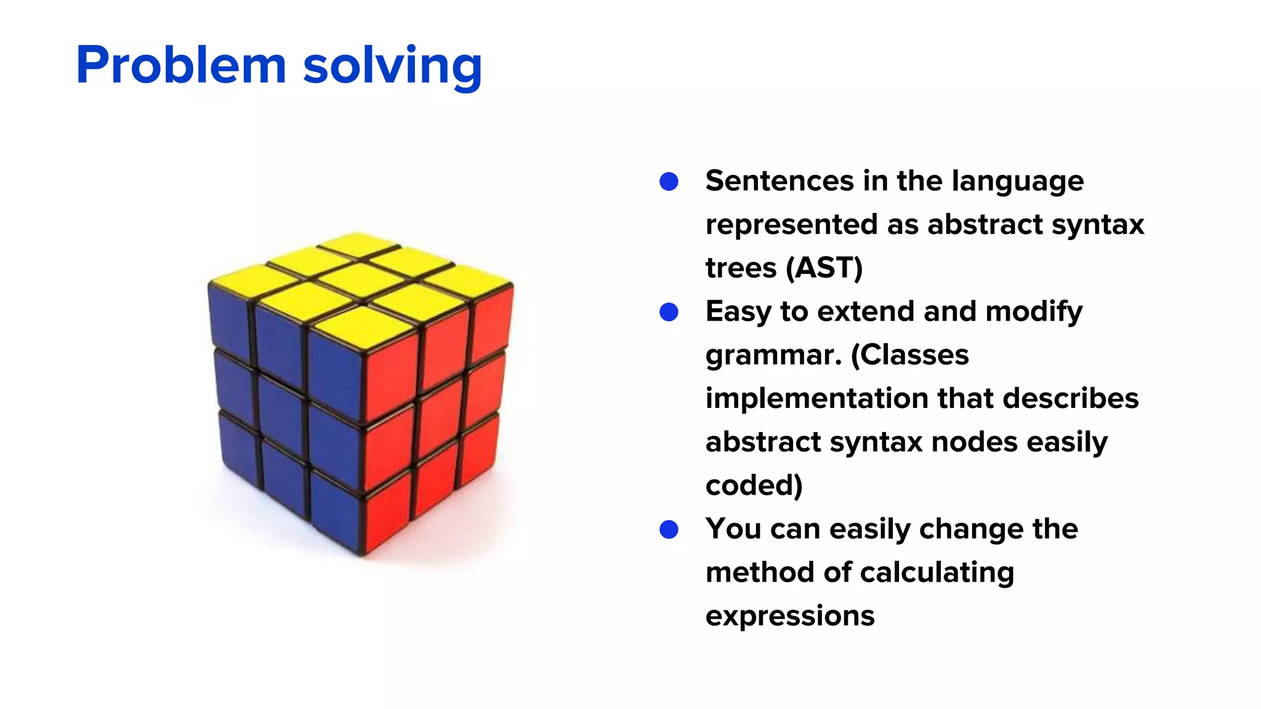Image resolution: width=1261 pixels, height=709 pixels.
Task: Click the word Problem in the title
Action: pos(181,66)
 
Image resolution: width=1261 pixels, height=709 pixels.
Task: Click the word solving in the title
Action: pos(392,66)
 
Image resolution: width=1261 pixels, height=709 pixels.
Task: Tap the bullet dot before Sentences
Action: pos(669,182)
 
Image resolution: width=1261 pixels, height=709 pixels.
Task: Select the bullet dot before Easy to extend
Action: pos(669,312)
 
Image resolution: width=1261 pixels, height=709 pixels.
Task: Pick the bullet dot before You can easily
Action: pos(669,529)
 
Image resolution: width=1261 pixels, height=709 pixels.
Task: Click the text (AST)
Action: pos(824,268)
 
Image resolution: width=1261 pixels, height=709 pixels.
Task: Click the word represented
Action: pos(791,225)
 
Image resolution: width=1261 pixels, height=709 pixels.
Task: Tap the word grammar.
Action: pos(773,356)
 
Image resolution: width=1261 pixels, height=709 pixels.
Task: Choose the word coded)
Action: pos(754,486)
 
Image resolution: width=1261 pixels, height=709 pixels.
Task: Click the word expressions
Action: pos(789,616)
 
